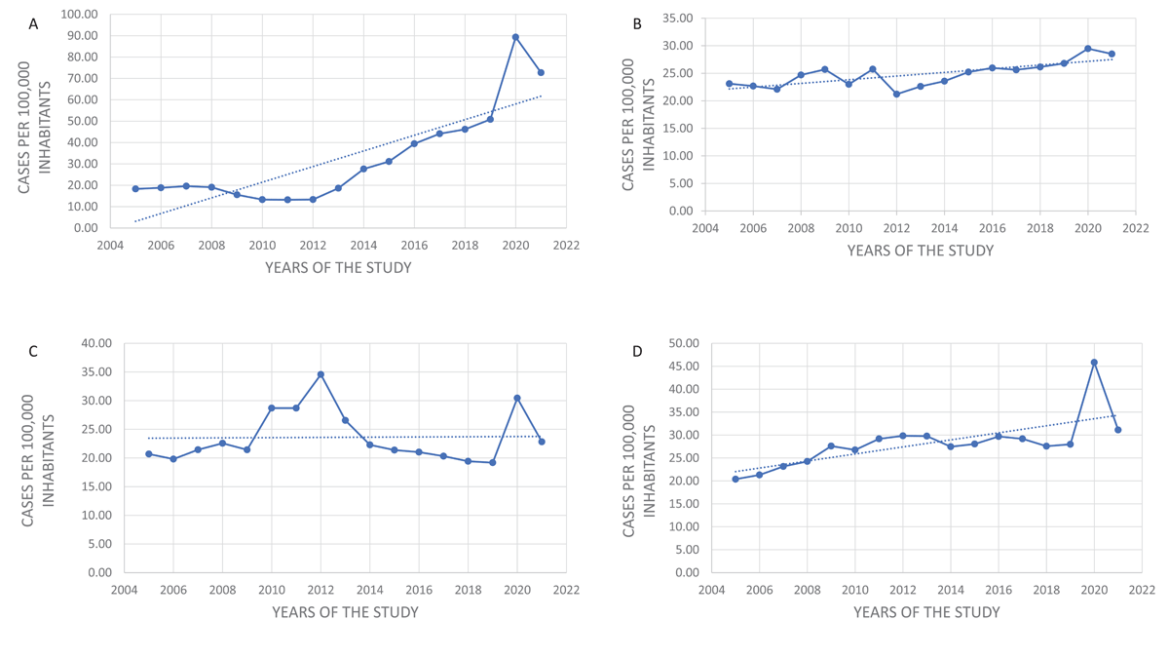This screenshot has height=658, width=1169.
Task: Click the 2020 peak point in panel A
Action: coord(515,37)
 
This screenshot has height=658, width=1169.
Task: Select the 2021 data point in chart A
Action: coord(541,72)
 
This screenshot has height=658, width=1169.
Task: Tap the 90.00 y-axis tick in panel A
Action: coord(79,35)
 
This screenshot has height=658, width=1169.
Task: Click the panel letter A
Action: coord(33,24)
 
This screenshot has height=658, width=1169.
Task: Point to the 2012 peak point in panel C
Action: coord(321,374)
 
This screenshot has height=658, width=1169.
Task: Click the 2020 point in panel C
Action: coord(517,398)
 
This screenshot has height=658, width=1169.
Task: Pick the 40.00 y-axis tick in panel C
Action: coord(94,343)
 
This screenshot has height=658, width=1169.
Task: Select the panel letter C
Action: coord(33,352)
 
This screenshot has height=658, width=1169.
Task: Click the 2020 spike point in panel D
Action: coord(1094,363)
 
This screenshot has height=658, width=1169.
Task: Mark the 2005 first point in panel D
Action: coord(735,479)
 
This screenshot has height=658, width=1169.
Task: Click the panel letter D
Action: coord(638,351)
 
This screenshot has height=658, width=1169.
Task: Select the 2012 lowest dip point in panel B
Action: coord(896,94)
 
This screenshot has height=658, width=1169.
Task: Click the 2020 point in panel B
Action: coord(1088,49)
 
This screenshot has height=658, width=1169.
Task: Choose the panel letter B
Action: coord(637,24)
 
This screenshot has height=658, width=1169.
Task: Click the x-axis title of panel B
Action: coord(920,251)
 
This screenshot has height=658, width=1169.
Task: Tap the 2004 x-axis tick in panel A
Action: coord(110,246)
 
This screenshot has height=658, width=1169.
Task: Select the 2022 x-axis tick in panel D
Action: coord(1142,591)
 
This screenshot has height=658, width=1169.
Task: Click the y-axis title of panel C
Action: coord(38,460)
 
